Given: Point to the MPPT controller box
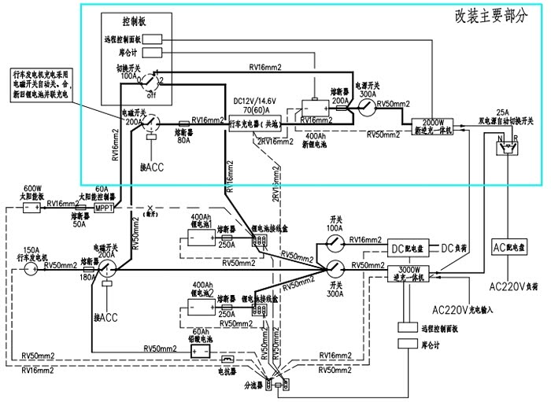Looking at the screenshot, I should [x=105, y=208].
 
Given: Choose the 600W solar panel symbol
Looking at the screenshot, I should [x=31, y=208].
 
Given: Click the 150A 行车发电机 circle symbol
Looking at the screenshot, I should [x=31, y=269].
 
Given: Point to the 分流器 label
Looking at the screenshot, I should [x=250, y=385].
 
